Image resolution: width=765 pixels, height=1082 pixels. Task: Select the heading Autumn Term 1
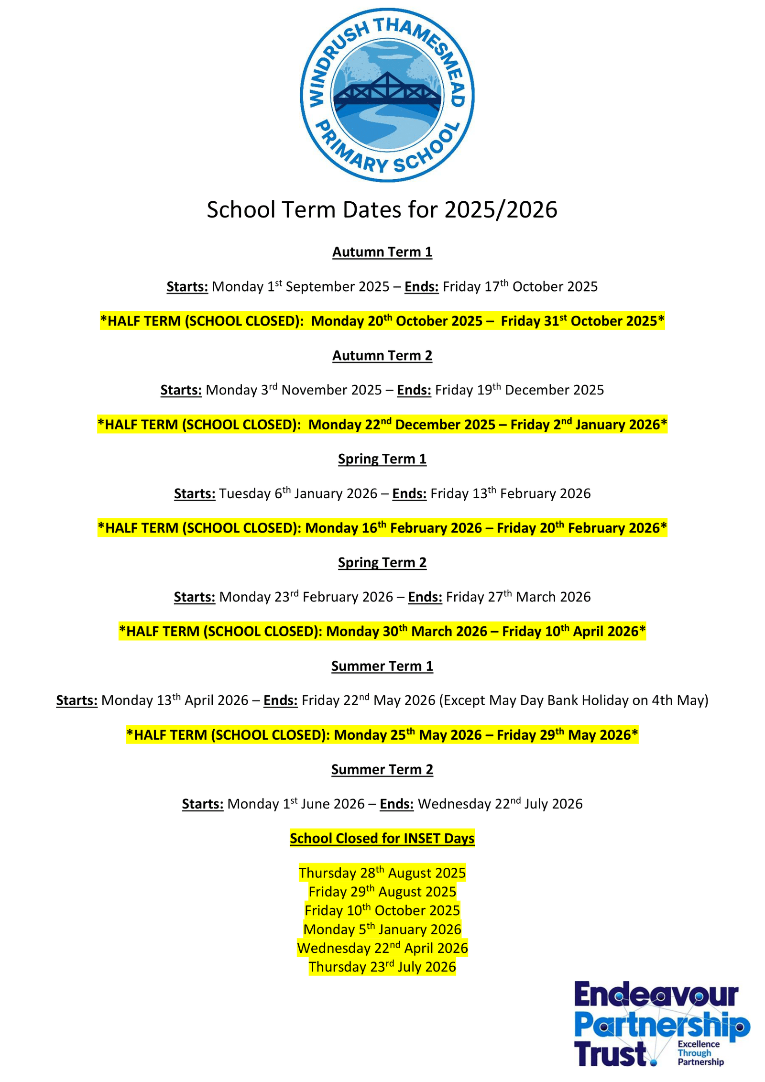tap(382, 252)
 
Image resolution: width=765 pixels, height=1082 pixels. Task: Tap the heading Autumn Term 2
tap(382, 356)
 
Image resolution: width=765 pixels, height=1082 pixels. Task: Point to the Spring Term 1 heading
tap(382, 459)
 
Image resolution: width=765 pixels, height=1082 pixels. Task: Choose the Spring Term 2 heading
tap(382, 563)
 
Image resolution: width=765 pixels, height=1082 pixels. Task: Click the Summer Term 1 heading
tap(382, 666)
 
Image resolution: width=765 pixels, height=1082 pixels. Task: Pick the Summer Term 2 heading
tap(382, 769)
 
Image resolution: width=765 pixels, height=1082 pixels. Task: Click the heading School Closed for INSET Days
tap(382, 839)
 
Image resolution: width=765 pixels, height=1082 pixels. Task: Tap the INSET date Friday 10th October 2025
tap(382, 910)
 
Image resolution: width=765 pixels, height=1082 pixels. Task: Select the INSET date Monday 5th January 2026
tap(382, 929)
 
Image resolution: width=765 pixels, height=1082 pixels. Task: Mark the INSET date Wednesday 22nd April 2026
tap(382, 948)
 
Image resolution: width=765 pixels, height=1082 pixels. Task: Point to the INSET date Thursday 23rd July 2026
tap(382, 967)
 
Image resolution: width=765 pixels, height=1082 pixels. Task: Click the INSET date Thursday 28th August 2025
tap(382, 873)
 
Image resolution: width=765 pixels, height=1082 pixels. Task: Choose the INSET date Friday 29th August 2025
tap(382, 892)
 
